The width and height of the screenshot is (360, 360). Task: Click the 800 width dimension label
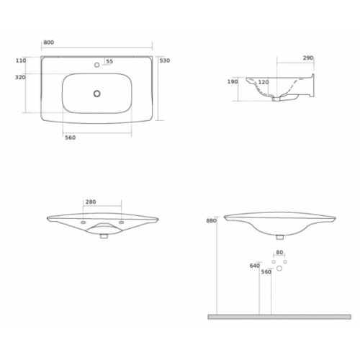tap(49, 42)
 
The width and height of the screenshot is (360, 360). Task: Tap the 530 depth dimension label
tap(165, 60)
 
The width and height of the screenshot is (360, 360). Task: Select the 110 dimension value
tap(21, 60)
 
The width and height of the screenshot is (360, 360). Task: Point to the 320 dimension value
tap(20, 77)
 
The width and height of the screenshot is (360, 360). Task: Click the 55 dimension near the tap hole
tap(109, 61)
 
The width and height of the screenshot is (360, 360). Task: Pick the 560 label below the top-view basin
tap(71, 138)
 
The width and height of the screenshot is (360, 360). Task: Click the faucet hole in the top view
tap(97, 65)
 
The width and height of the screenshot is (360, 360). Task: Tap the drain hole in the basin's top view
tap(97, 94)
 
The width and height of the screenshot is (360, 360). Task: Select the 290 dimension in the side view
tap(308, 58)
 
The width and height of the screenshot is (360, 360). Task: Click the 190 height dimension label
tap(233, 82)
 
